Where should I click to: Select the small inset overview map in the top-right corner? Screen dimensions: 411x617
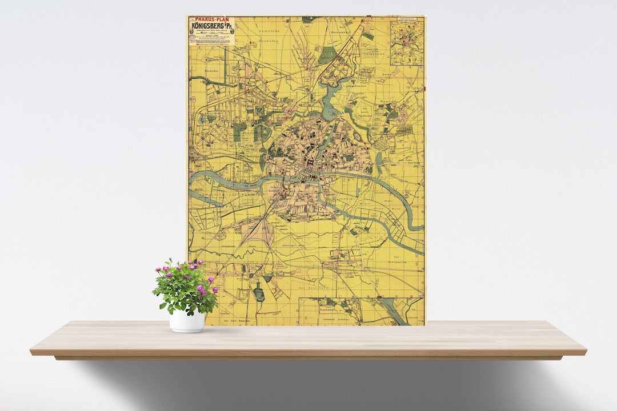(407, 41)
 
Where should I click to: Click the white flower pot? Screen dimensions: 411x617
(187, 321)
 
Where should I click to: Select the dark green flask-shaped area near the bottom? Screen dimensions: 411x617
(258, 293)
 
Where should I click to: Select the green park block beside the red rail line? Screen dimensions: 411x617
(327, 55)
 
